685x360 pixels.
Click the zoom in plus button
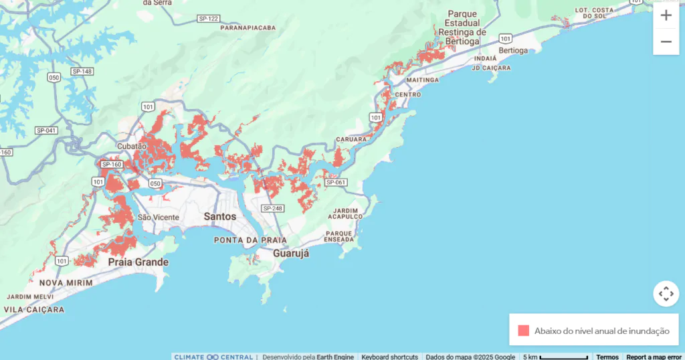tap(666, 15)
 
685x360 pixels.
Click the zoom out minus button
tap(666, 41)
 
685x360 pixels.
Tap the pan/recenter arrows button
tap(666, 294)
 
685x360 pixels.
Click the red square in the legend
tap(524, 331)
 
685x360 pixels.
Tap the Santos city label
tap(220, 217)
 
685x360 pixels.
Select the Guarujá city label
tap(291, 254)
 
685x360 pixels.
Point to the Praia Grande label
tap(138, 262)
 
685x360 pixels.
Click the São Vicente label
tap(158, 217)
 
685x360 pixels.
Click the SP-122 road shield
tap(209, 18)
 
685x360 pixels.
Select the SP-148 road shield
tap(82, 72)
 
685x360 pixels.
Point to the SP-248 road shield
tap(273, 208)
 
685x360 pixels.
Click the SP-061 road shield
tap(337, 182)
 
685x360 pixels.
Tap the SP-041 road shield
tap(46, 130)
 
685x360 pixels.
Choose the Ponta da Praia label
tap(250, 240)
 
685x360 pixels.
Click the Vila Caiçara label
tap(34, 310)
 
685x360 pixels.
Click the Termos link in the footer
tap(607, 357)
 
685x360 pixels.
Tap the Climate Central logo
tap(213, 357)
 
